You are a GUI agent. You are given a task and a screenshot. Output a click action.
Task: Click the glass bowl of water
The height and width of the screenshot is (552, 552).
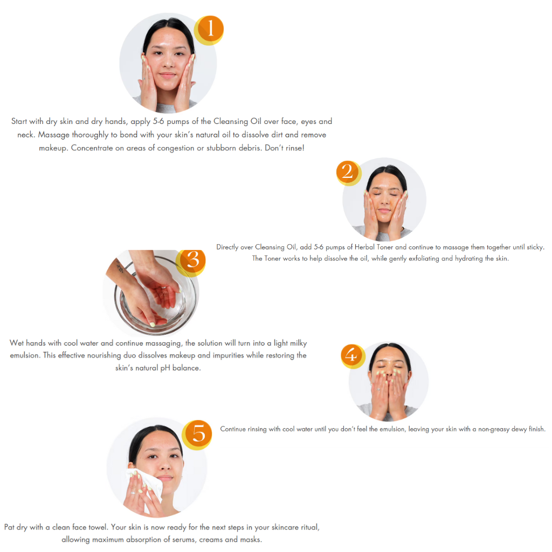click(155, 296)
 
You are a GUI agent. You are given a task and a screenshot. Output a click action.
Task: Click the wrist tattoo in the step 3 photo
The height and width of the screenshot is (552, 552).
click(120, 266)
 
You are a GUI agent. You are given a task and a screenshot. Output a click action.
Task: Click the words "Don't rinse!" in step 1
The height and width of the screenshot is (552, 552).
click(285, 148)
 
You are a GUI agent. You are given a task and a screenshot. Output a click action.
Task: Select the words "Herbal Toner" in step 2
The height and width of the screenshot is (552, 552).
click(374, 247)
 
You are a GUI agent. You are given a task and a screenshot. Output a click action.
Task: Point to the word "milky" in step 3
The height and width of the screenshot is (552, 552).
click(298, 343)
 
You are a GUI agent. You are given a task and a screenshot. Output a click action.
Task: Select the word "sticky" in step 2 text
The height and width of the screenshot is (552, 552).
click(535, 247)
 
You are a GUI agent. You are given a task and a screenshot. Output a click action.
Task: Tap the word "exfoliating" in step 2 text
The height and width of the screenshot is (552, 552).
click(424, 258)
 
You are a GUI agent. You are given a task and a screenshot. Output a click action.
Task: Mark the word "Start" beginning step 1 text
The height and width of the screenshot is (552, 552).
click(19, 121)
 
